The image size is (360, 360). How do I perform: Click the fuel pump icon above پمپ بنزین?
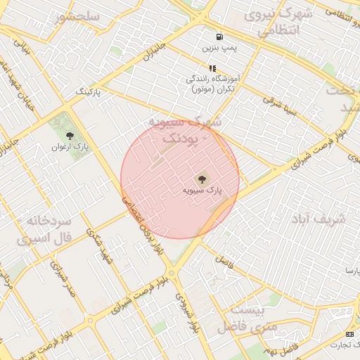(x=221, y=37)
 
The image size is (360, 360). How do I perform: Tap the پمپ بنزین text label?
(x=217, y=49)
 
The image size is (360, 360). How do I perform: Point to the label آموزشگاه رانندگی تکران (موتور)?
(x=213, y=85)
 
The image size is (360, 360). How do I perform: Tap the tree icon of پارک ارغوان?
(x=69, y=135)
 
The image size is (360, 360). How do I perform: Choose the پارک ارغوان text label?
(x=69, y=147)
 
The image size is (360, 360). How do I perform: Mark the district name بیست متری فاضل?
(x=239, y=318)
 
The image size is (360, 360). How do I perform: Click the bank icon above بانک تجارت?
(x=350, y=333)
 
